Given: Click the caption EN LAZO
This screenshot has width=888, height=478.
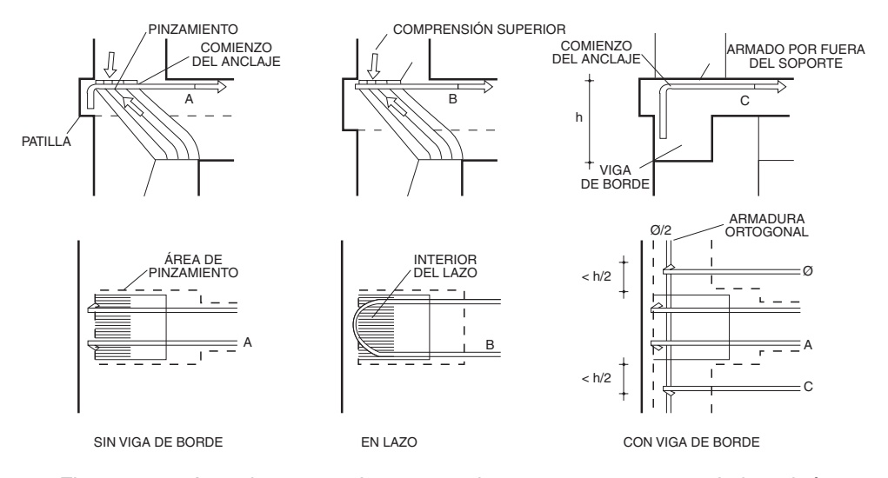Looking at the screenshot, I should [x=384, y=443].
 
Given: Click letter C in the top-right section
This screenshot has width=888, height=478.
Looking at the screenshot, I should [x=744, y=100].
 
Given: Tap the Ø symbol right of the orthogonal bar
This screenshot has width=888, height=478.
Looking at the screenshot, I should [x=809, y=270].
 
